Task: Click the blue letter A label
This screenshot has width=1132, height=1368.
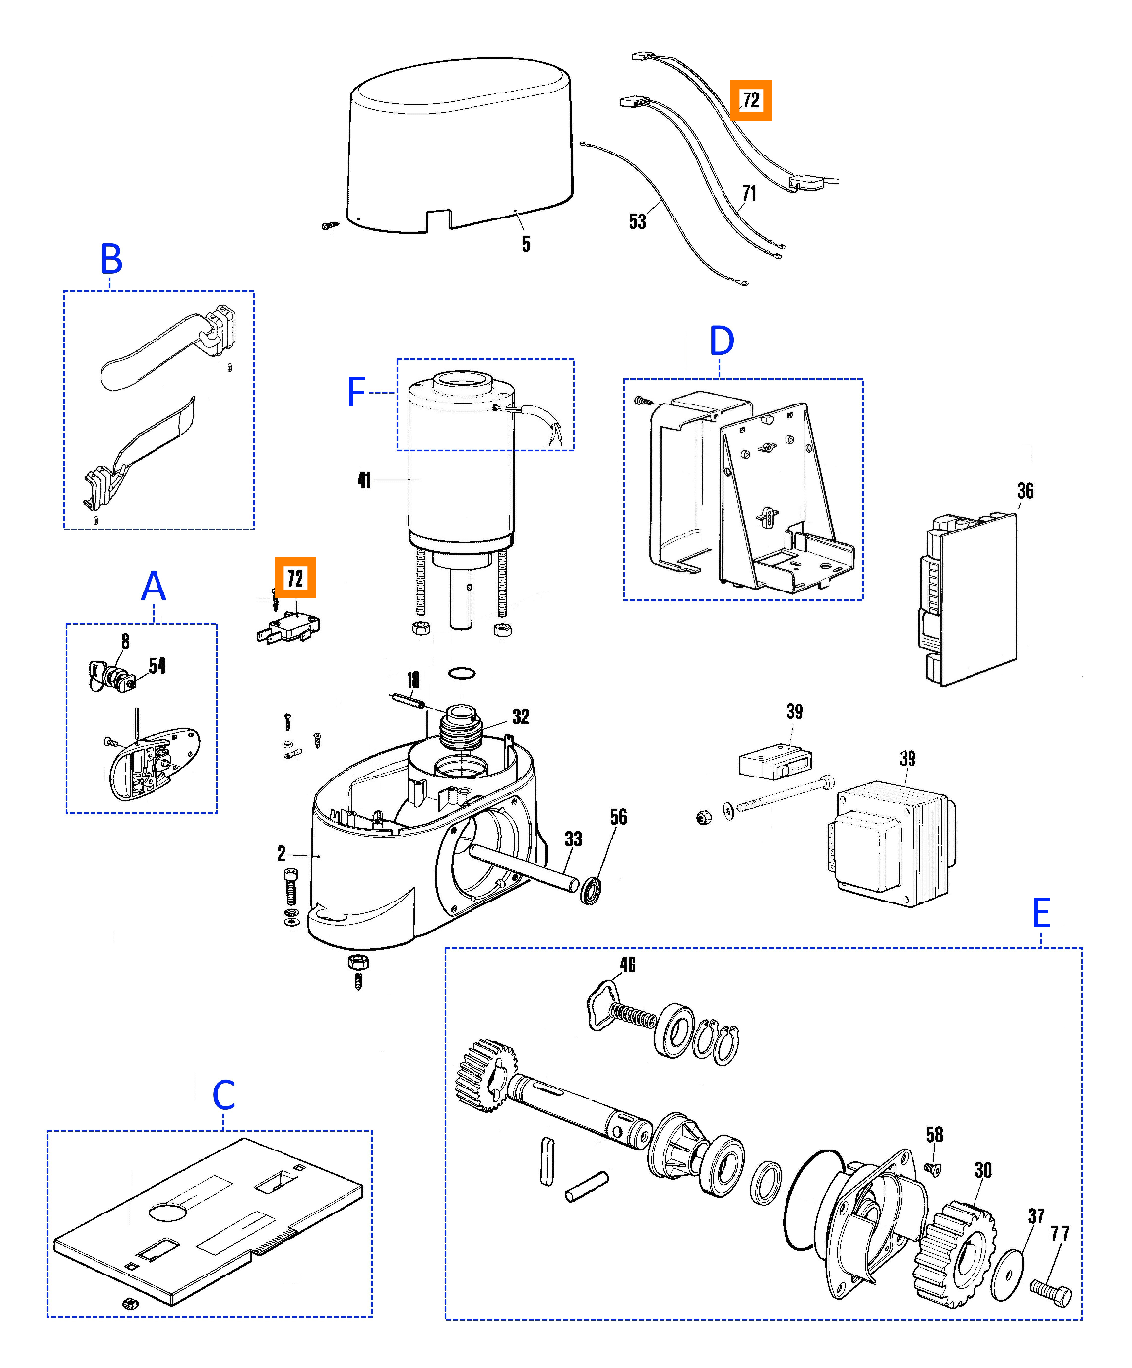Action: pyautogui.click(x=154, y=587)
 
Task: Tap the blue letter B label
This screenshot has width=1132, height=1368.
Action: pyautogui.click(x=111, y=260)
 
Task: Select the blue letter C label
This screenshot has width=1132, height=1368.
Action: pyautogui.click(x=223, y=1094)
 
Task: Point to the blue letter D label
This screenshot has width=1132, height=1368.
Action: pyautogui.click(x=722, y=342)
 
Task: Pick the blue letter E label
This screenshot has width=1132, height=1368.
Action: pyautogui.click(x=1040, y=913)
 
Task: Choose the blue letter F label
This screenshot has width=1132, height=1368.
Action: pyautogui.click(x=357, y=393)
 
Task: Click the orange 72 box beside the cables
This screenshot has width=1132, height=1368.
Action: pyautogui.click(x=750, y=100)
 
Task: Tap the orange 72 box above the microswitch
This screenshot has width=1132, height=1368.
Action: pyautogui.click(x=295, y=578)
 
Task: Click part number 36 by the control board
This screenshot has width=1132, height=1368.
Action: pyautogui.click(x=1025, y=491)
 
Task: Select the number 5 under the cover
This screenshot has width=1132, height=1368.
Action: pyautogui.click(x=526, y=244)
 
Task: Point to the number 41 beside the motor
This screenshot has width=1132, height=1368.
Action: pyautogui.click(x=364, y=480)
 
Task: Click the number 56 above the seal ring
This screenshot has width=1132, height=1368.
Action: pyautogui.click(x=618, y=817)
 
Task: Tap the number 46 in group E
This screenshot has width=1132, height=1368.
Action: pyautogui.click(x=628, y=964)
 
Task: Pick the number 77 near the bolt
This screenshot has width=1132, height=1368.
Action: pyautogui.click(x=1059, y=1234)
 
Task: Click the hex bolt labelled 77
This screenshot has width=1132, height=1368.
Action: pyautogui.click(x=1050, y=1290)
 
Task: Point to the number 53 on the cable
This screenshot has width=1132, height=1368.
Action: pyautogui.click(x=638, y=221)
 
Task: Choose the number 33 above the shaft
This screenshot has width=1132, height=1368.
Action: pyautogui.click(x=573, y=839)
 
